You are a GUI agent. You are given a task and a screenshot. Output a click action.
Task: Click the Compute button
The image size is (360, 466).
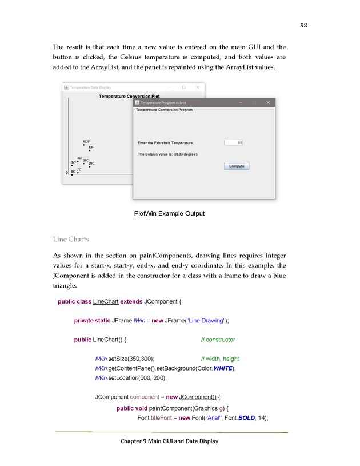tap(237, 166)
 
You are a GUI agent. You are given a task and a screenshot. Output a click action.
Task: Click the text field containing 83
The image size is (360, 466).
tap(233, 142)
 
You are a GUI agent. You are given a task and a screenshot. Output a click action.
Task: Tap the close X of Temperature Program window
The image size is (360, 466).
tap(268, 102)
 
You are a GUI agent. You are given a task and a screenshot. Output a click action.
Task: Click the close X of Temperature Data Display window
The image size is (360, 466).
tap(197, 87)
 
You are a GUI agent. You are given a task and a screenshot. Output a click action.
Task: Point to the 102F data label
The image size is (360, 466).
tap(86, 141)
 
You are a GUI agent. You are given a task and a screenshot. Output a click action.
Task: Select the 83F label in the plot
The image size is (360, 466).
tap(91, 147)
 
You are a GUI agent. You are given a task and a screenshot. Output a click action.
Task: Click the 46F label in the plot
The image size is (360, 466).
tap(79, 158)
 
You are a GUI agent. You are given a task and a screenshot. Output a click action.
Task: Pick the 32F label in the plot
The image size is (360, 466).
tap(74, 162)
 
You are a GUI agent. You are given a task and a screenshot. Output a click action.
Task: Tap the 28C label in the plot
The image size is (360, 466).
tap(91, 164)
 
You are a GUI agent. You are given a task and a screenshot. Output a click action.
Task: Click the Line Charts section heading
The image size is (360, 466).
tap(71, 238)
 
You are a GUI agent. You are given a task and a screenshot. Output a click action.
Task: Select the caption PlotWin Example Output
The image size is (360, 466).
tap(169, 214)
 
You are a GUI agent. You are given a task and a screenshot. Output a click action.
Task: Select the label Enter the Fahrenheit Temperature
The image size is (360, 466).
tap(166, 142)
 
